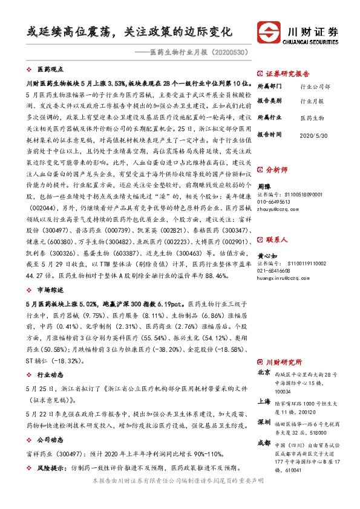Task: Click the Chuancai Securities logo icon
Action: [268, 30]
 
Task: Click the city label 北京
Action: [264, 372]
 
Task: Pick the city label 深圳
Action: [264, 421]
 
